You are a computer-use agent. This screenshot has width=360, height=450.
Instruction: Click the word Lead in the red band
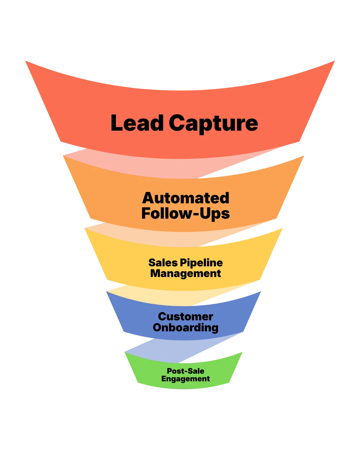(x=137, y=123)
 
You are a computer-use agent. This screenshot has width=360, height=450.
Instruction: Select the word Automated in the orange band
(x=186, y=198)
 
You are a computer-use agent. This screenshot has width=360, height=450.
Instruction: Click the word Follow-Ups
(x=186, y=213)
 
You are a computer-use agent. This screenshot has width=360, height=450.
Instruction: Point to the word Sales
(x=163, y=263)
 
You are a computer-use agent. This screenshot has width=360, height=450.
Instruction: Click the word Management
(x=186, y=273)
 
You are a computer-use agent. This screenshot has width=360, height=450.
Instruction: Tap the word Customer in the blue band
(x=186, y=316)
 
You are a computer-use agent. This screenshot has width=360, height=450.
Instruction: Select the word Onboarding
(x=186, y=327)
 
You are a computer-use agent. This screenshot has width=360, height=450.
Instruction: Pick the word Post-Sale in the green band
(x=186, y=371)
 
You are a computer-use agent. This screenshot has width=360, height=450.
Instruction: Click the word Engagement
(x=186, y=379)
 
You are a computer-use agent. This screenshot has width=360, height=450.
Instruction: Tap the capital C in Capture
(x=178, y=123)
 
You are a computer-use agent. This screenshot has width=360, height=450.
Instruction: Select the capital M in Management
(x=156, y=273)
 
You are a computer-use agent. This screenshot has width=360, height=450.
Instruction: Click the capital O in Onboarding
(x=157, y=327)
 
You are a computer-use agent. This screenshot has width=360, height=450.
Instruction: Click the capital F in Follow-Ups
(x=146, y=213)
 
